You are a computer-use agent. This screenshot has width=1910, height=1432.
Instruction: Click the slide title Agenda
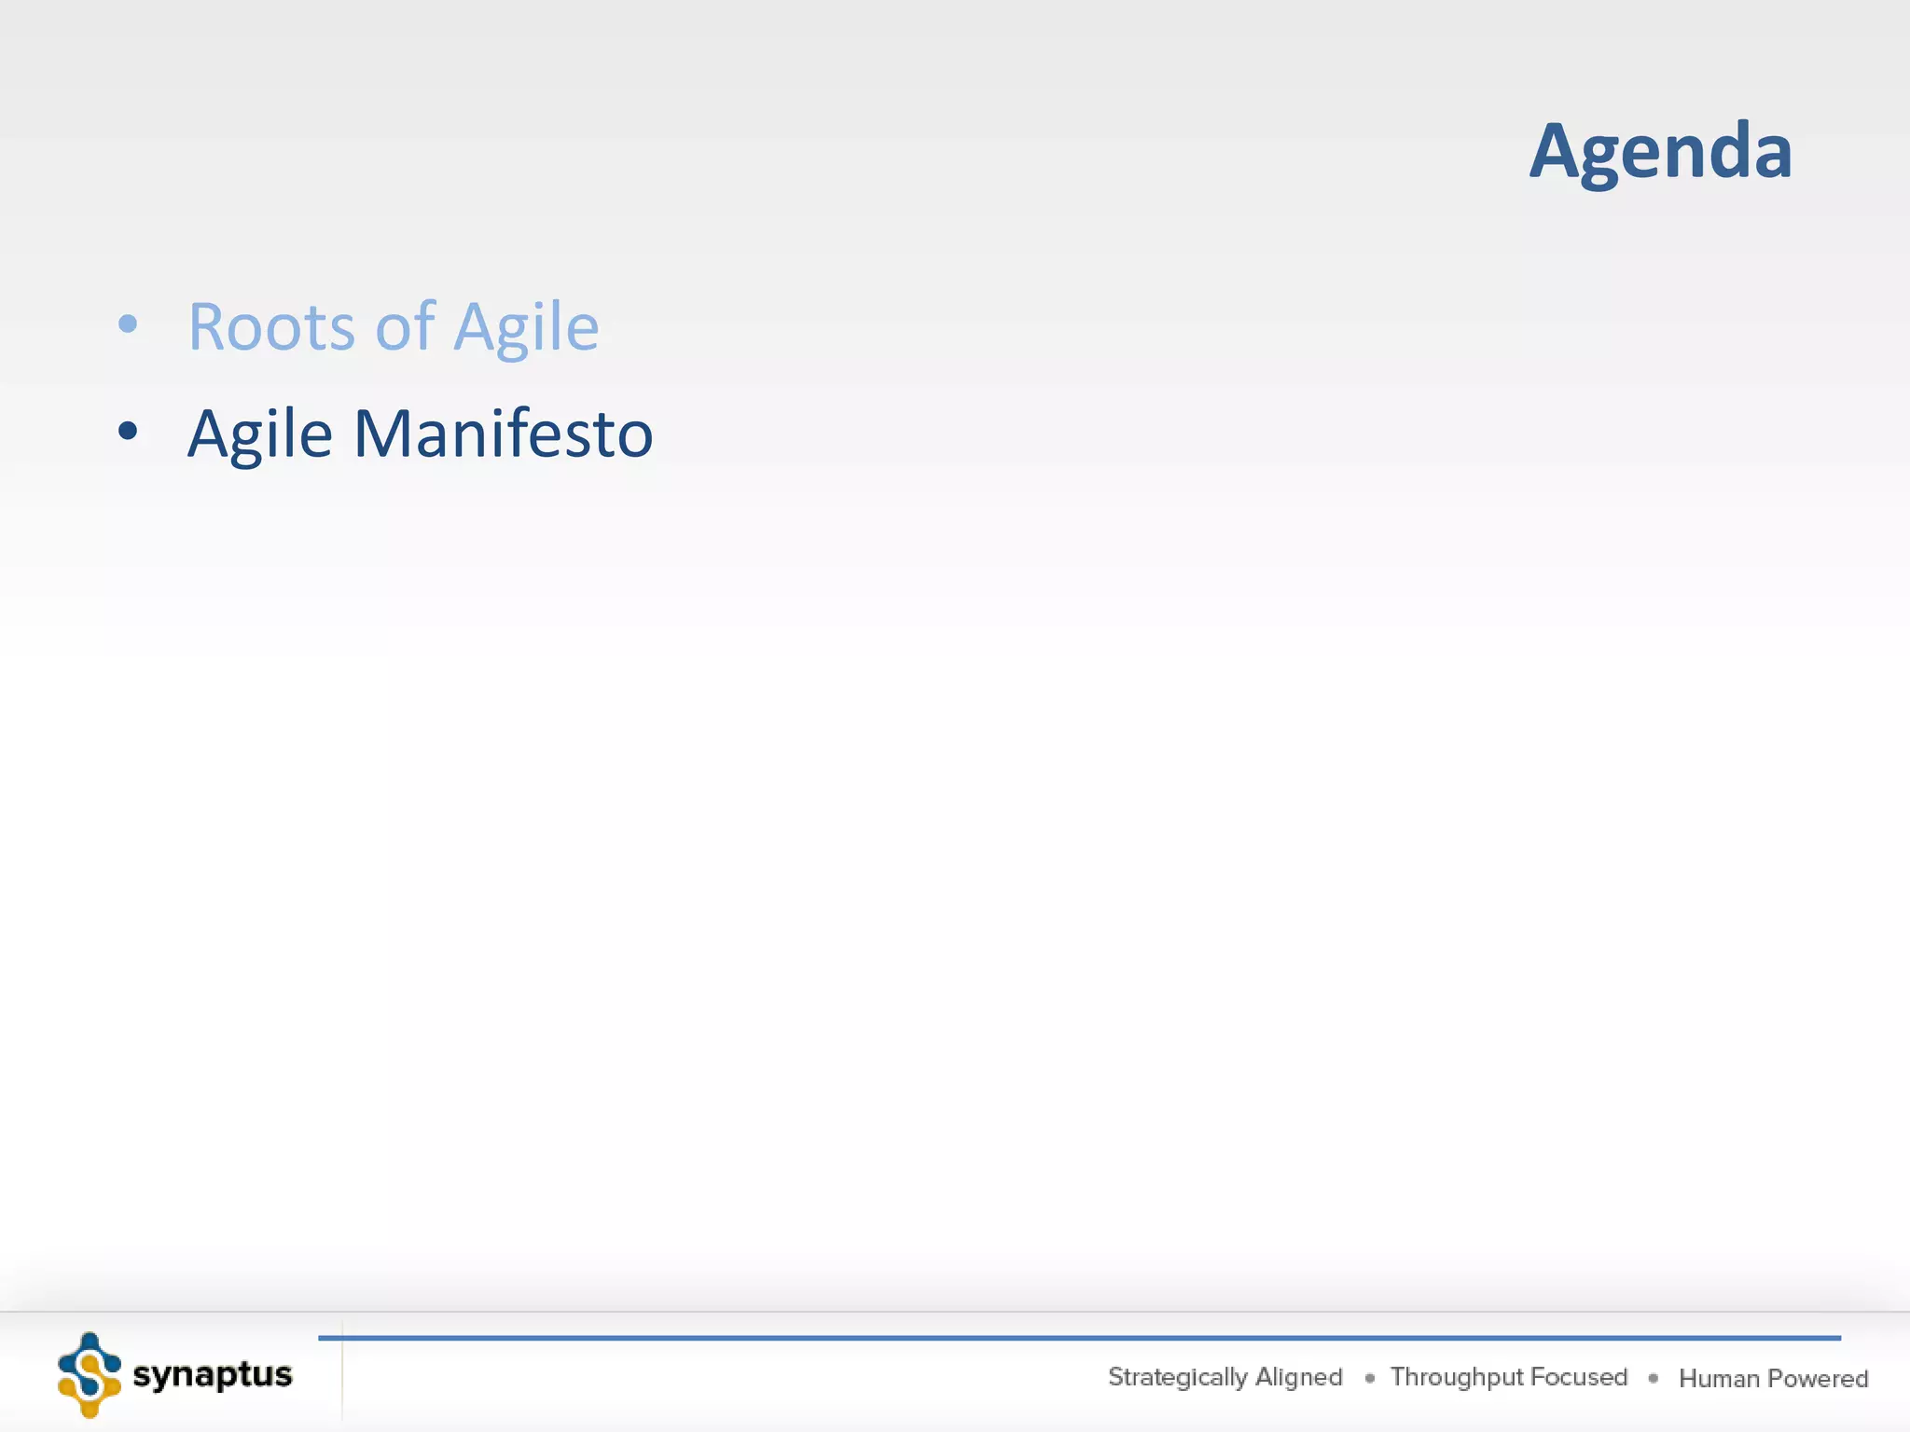(x=1660, y=152)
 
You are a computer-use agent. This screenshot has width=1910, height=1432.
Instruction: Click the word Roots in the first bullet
(x=271, y=327)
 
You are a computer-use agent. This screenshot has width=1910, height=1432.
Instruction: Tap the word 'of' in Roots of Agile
(x=405, y=327)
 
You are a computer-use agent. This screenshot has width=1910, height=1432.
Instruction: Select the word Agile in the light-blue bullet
(x=526, y=329)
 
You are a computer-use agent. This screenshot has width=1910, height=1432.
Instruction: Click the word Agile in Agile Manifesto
(x=259, y=435)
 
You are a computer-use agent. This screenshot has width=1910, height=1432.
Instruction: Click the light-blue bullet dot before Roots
(x=128, y=324)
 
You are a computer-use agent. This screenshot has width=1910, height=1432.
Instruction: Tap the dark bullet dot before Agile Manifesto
(x=128, y=431)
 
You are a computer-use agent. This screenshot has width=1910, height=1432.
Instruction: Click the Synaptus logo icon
(x=90, y=1375)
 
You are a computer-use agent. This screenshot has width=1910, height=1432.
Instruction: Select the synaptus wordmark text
(x=213, y=1374)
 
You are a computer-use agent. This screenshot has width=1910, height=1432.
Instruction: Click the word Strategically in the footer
(x=1177, y=1377)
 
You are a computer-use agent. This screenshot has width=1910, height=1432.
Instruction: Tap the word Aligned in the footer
(x=1298, y=1377)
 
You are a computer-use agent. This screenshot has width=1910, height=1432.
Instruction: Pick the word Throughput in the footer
(x=1456, y=1377)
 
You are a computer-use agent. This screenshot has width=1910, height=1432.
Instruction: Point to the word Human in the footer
(x=1718, y=1378)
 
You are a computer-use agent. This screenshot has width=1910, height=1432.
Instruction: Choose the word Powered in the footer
(x=1818, y=1378)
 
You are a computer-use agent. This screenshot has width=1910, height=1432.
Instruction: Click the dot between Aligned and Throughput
(x=1369, y=1378)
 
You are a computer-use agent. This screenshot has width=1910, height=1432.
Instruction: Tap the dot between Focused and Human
(x=1653, y=1378)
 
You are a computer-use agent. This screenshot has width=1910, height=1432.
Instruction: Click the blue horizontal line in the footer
(x=1073, y=1338)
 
